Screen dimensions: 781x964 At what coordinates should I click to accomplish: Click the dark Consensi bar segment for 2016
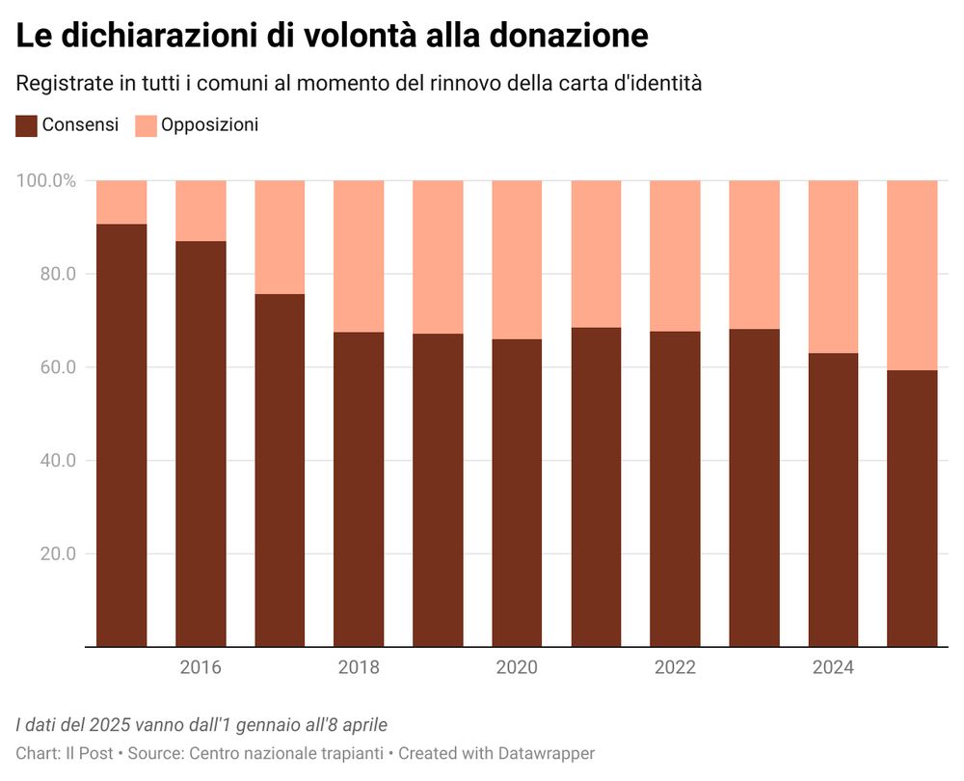point(201,444)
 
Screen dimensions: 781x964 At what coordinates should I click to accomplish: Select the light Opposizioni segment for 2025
point(912,275)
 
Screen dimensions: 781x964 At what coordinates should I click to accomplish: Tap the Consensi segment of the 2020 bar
point(517,492)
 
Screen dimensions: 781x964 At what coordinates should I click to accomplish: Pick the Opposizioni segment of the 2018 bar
point(359,256)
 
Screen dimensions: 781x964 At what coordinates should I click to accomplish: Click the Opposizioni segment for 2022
point(675,256)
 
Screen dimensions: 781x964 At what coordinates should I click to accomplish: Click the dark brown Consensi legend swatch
point(26,125)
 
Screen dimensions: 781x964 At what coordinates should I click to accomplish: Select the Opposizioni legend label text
point(209,125)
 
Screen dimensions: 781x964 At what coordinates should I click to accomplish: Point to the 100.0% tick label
point(46,181)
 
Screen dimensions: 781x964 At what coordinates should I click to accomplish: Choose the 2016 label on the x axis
point(201,668)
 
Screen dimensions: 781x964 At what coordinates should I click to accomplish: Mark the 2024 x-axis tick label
point(833,668)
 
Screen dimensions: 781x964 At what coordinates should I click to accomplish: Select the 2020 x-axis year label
point(517,668)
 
